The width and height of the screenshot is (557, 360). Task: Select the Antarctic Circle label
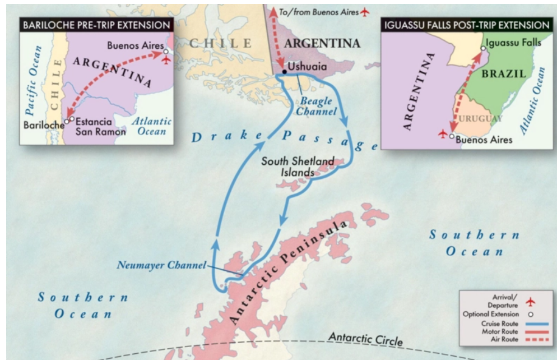365,339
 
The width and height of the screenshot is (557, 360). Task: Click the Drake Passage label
280,138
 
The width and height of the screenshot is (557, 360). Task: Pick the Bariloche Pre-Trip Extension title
96,25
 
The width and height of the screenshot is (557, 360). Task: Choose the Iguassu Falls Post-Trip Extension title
465,25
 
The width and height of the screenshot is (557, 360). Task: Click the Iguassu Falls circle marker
483,49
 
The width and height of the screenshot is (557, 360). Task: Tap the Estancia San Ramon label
100,126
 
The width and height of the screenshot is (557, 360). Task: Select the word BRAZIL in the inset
504,73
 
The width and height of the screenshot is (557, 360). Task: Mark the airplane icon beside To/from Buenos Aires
366,11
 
